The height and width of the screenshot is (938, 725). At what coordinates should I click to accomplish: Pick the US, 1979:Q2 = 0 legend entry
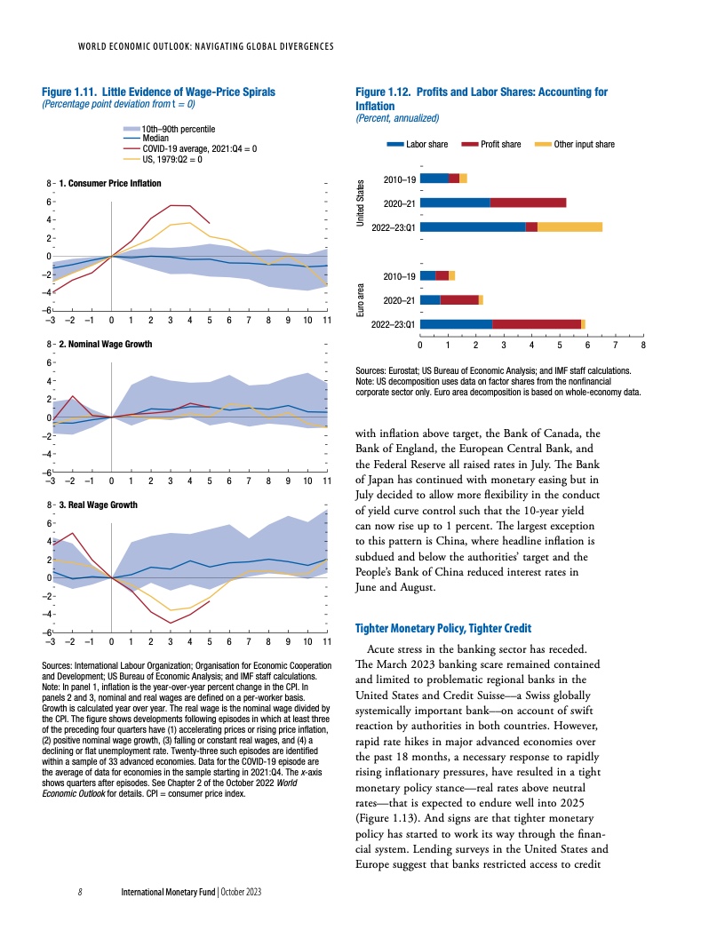pos(173,159)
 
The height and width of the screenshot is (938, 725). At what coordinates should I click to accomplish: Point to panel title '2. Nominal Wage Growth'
pos(105,344)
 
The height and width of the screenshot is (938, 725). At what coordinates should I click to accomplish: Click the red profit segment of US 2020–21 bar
pos(528,203)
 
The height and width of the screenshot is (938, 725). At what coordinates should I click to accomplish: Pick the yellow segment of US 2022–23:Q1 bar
pos(570,227)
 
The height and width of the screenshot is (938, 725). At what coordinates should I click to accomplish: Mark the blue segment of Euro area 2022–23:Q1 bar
pos(456,323)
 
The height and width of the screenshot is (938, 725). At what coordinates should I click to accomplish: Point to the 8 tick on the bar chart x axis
pos(642,343)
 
